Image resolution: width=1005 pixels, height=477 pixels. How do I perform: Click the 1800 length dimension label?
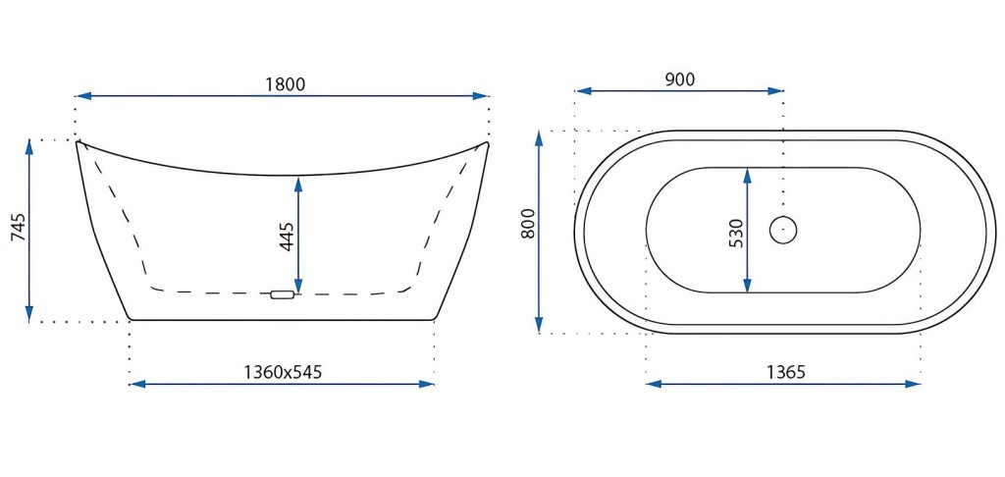285,84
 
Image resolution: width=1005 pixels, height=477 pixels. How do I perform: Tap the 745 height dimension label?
20,227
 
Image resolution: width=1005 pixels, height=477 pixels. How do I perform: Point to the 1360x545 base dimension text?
283,372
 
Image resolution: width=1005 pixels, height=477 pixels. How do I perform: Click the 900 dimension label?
679,79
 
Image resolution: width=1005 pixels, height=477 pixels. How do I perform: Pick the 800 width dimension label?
528,224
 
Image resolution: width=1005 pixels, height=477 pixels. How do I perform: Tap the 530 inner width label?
736,234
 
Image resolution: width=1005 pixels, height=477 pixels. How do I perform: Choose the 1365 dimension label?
785,372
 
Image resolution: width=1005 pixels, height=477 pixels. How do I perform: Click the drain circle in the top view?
782,231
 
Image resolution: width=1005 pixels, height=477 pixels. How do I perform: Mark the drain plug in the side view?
282,294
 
